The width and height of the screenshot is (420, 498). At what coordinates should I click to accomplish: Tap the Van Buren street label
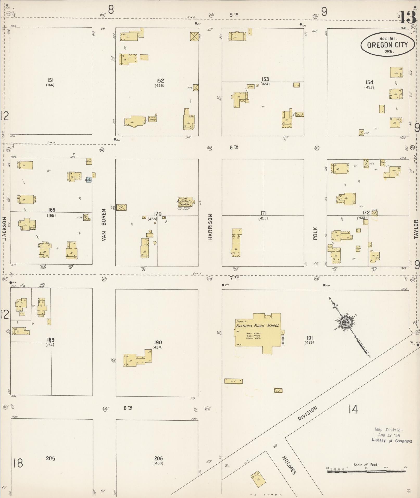[104, 225]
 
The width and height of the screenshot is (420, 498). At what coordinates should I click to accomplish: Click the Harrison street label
[210, 227]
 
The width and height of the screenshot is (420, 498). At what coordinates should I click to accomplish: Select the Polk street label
[316, 233]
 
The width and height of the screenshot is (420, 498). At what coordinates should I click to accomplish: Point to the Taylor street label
[416, 229]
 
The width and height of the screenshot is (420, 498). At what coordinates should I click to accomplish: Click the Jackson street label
[4, 228]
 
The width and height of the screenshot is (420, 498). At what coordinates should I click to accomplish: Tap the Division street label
[308, 413]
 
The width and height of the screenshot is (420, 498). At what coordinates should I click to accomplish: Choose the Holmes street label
[289, 465]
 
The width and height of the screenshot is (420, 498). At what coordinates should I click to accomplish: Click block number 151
[50, 80]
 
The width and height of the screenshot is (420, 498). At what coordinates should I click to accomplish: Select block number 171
[263, 213]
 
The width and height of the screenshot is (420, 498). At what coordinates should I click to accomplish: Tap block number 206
[158, 458]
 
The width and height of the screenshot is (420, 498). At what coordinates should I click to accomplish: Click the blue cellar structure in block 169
[89, 180]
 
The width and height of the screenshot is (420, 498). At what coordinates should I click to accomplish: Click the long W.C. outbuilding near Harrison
[234, 381]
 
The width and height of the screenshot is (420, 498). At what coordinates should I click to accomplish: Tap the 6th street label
[128, 408]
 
